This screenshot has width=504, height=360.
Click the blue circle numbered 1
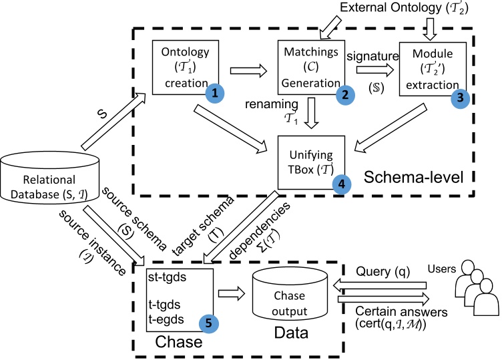[214, 95]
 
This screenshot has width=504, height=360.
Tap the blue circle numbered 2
[344, 94]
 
